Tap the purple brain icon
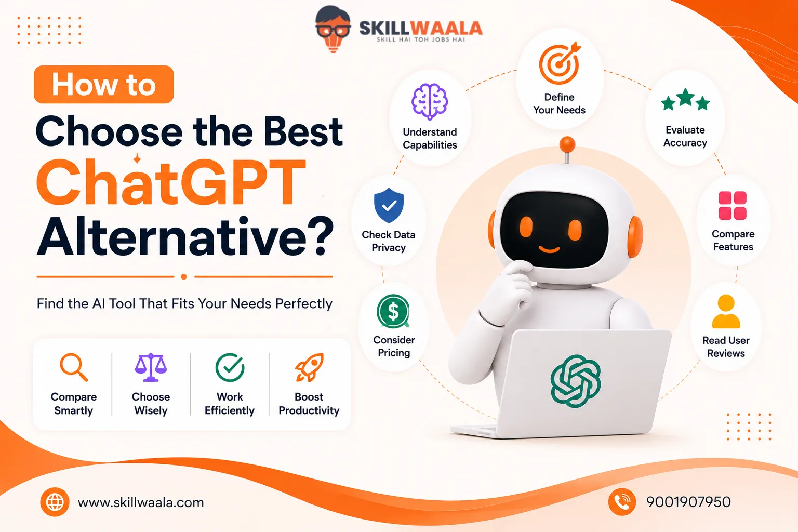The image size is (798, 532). (x=430, y=101)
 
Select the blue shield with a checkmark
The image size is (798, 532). (x=389, y=206)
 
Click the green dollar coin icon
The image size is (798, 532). (x=393, y=311)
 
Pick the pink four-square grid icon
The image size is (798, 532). (x=733, y=206)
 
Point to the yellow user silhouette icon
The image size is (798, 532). (x=726, y=311)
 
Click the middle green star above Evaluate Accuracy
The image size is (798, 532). (x=685, y=97)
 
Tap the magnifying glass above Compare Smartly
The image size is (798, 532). (x=74, y=367)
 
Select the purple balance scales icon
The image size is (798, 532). (x=151, y=367)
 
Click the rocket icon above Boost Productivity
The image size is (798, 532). (x=309, y=367)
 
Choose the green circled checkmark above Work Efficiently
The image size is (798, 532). (x=230, y=367)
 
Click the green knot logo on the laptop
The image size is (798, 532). (x=576, y=381)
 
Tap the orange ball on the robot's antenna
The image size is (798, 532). (x=567, y=144)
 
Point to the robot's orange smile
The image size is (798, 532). (x=549, y=249)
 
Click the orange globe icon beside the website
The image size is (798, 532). (x=55, y=502)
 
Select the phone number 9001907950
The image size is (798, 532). (x=688, y=502)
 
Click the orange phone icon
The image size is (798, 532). (x=622, y=502)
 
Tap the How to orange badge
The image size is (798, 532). (x=104, y=85)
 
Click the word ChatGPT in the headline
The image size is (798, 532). (x=171, y=182)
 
